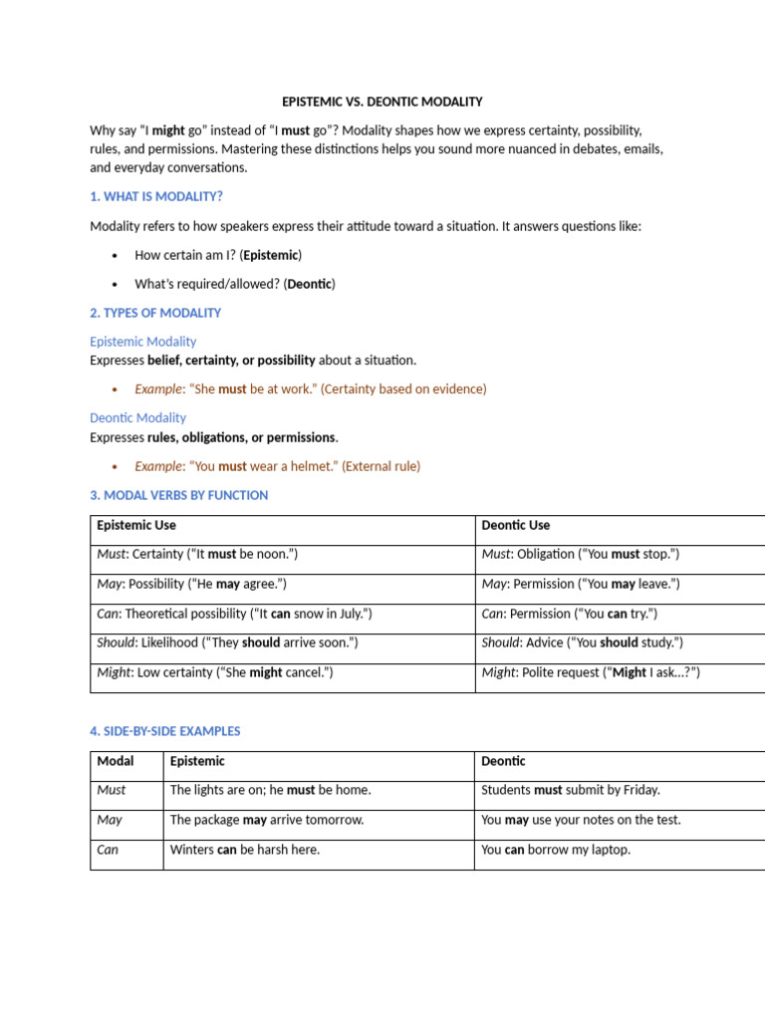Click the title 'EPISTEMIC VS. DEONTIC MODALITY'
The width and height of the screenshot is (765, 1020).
coord(382,102)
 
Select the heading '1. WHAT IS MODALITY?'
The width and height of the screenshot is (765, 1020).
coord(155,197)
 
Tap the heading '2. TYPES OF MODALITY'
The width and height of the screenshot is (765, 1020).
coord(155,313)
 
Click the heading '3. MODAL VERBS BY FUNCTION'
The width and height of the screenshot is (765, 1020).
coord(178,495)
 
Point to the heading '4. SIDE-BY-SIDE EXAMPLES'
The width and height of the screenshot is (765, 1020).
coord(164,731)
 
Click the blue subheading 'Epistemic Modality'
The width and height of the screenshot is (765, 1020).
coord(143,342)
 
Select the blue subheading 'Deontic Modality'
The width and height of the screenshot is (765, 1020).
coord(137,418)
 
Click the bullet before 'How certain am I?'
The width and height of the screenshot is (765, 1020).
coord(116,256)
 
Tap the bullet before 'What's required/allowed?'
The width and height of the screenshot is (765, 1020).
coord(116,285)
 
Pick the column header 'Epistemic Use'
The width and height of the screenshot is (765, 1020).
coord(136,525)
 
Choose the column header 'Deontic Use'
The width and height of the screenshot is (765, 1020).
coord(515,525)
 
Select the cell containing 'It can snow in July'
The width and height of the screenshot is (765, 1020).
coord(234,614)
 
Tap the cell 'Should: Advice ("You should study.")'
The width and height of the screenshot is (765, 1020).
coord(582,643)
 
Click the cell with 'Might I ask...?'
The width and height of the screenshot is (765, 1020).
coord(591,672)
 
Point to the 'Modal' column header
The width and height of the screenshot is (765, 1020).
coord(116,761)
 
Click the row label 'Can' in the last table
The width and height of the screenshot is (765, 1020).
coord(108,850)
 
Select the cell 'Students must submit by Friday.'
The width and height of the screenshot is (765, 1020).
coord(570,790)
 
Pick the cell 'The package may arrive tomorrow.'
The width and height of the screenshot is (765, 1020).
coord(267,820)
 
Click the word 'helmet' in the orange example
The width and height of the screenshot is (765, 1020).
coord(314,466)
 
